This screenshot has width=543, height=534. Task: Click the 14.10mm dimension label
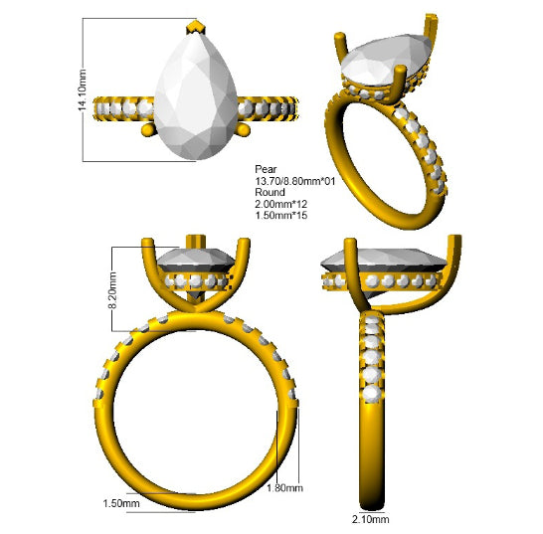click(x=83, y=90)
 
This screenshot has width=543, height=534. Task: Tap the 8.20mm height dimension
click(x=112, y=290)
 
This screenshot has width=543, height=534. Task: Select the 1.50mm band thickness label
click(x=121, y=503)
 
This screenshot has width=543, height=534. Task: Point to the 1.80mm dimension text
click(x=284, y=488)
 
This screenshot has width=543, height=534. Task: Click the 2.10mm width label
click(x=371, y=519)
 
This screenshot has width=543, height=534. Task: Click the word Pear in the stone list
click(x=266, y=169)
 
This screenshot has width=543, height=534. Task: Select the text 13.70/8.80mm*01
click(x=295, y=181)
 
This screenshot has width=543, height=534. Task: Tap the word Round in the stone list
click(x=270, y=192)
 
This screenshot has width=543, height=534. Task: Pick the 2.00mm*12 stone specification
click(x=281, y=204)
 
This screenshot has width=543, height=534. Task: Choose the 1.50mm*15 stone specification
click(x=281, y=215)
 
